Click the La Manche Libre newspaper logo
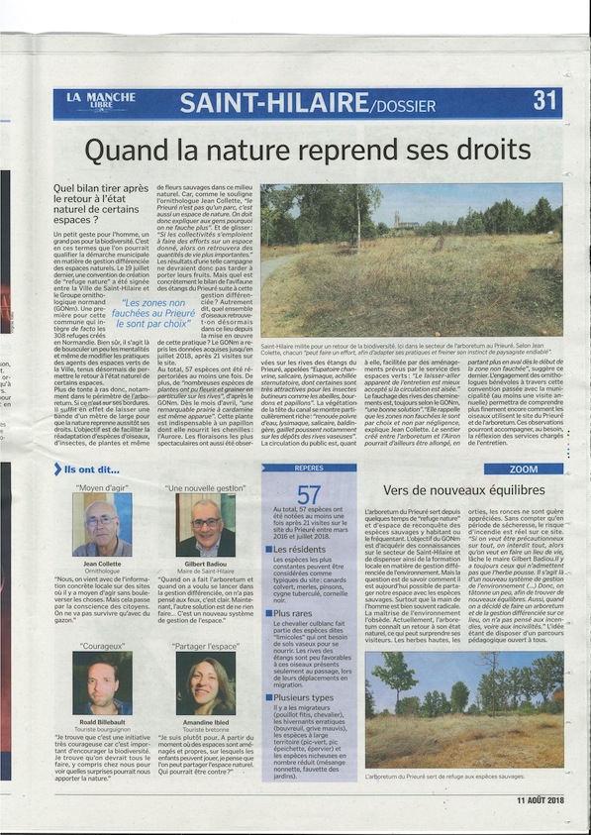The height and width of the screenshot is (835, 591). point(88,101)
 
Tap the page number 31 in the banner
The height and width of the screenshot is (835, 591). point(546,101)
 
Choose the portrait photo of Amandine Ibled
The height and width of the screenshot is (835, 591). point(207,686)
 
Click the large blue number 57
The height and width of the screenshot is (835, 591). point(310,492)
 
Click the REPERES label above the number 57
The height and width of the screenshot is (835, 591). point(309,468)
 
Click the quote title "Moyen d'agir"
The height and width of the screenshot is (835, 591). point(101,487)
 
